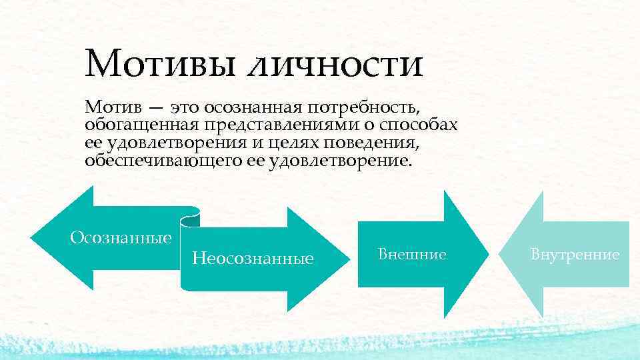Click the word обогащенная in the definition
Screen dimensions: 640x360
click(139, 125)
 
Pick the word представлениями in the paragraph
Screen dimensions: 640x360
click(267, 125)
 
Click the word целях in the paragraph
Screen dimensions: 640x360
click(293, 143)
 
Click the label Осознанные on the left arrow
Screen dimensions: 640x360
click(121, 237)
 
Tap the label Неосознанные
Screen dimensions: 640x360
click(253, 258)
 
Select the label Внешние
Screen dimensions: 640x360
click(411, 253)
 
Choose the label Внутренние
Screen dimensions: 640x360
click(575, 254)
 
